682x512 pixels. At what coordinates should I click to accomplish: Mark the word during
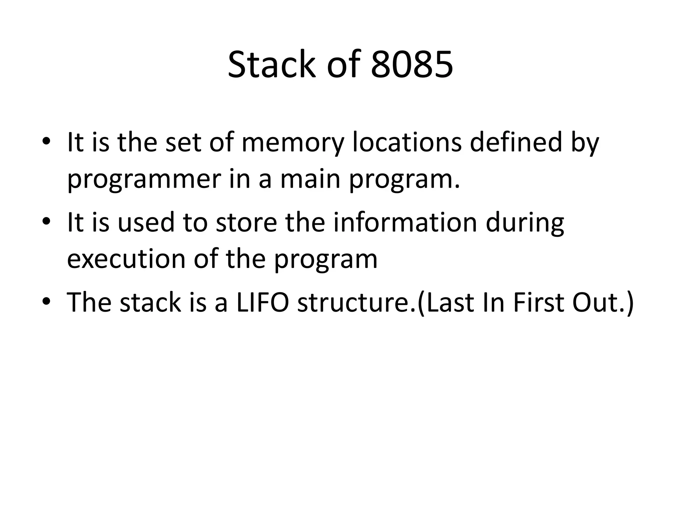pyautogui.click(x=525, y=223)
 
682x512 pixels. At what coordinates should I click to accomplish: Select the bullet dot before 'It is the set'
pyautogui.click(x=46, y=141)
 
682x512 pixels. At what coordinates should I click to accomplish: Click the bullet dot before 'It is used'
pyautogui.click(x=46, y=221)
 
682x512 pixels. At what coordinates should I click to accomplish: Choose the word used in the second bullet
pyautogui.click(x=146, y=222)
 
